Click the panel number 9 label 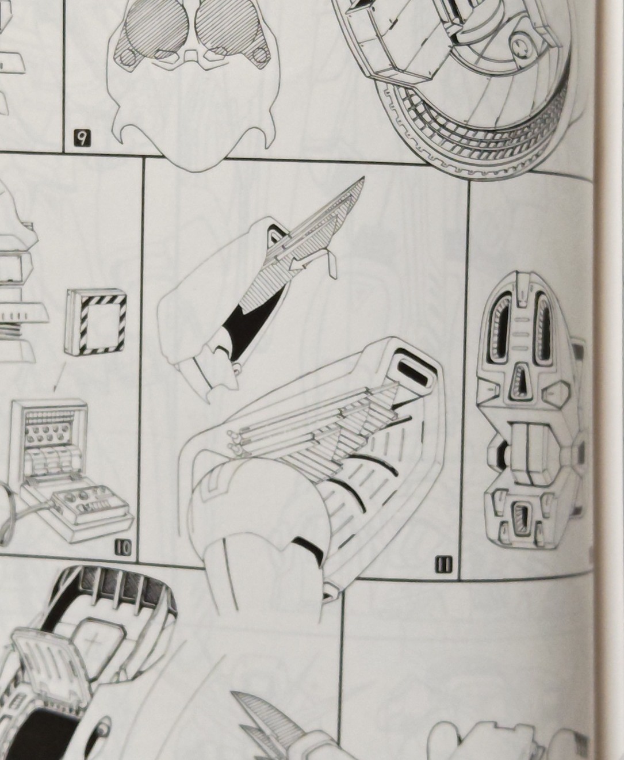pos(82,139)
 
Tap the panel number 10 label pos(124,548)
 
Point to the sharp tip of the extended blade pos(364,177)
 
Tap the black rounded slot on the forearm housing pos(412,372)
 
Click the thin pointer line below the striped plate pos(60,377)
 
